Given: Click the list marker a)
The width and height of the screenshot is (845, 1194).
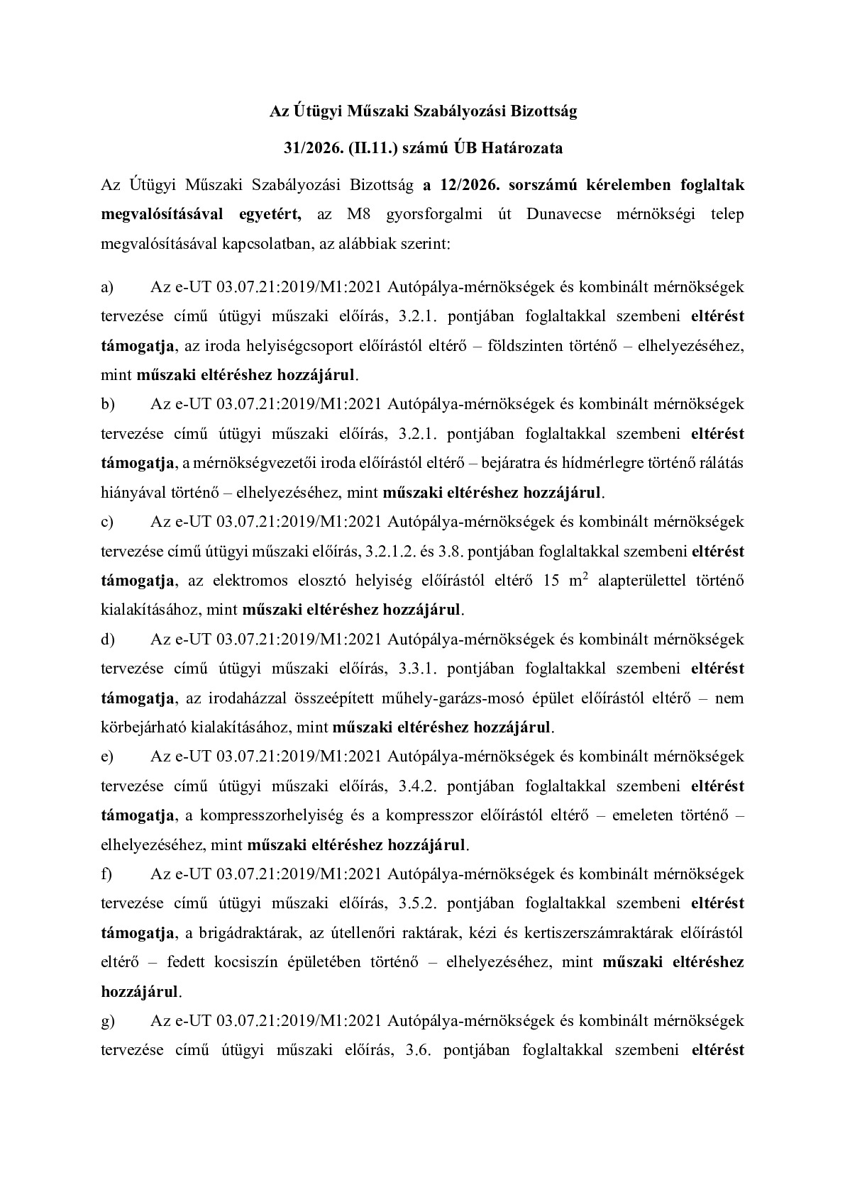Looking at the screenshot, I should coord(108,287).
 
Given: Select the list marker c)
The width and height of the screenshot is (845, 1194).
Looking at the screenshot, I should coord(108,522).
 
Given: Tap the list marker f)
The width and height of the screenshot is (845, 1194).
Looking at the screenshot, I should coord(107,874).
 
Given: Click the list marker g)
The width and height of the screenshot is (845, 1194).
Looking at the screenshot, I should coord(108,1021).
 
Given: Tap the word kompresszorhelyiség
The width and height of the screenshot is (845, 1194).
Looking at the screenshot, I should coord(272,816).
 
